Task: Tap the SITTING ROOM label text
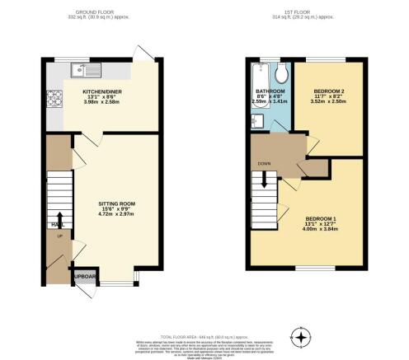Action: click(116, 203)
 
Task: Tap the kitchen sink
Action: click(79, 68)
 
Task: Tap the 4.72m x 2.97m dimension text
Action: click(116, 215)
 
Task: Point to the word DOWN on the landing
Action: click(264, 163)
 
